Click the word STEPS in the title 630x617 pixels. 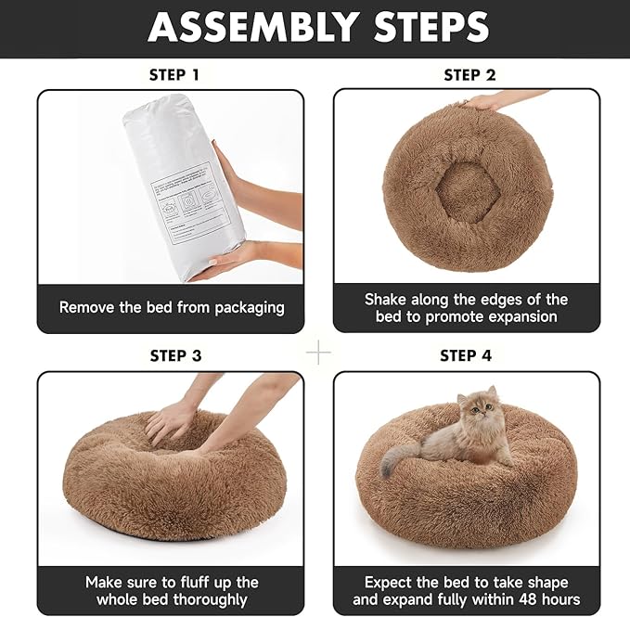(x=430, y=28)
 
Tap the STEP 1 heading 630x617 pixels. (x=174, y=74)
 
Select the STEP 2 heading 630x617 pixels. (x=469, y=74)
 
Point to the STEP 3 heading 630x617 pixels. (x=175, y=355)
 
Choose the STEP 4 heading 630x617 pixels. (x=466, y=355)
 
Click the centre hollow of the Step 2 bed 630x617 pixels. (x=467, y=192)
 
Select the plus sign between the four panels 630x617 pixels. (x=318, y=353)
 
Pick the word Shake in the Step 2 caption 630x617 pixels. (x=387, y=299)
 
